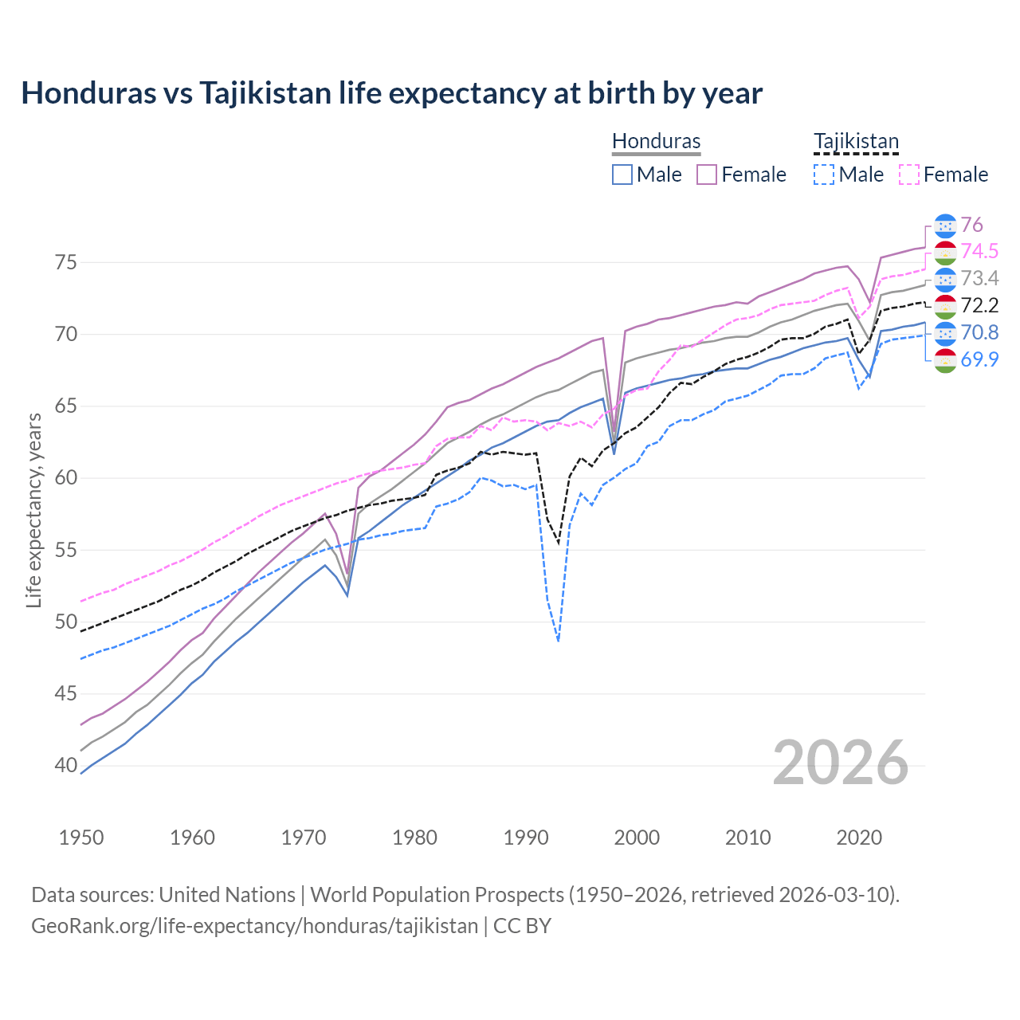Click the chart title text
(x=391, y=93)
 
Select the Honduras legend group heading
(x=656, y=141)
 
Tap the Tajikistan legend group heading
(x=856, y=141)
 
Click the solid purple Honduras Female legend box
(x=707, y=175)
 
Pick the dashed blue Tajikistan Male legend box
(x=824, y=175)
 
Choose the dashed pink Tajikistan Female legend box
(x=908, y=175)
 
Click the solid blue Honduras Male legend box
(x=622, y=175)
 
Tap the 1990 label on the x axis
(x=526, y=838)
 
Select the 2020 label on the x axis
(x=859, y=838)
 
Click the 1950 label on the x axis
(x=81, y=838)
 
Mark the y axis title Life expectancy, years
(x=33, y=510)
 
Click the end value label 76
(x=971, y=225)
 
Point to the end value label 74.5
(x=979, y=252)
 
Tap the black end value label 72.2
(x=979, y=306)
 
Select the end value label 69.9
(x=979, y=359)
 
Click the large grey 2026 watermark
(x=840, y=763)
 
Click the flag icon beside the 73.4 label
(x=945, y=279)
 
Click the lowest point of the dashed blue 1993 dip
(x=559, y=641)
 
